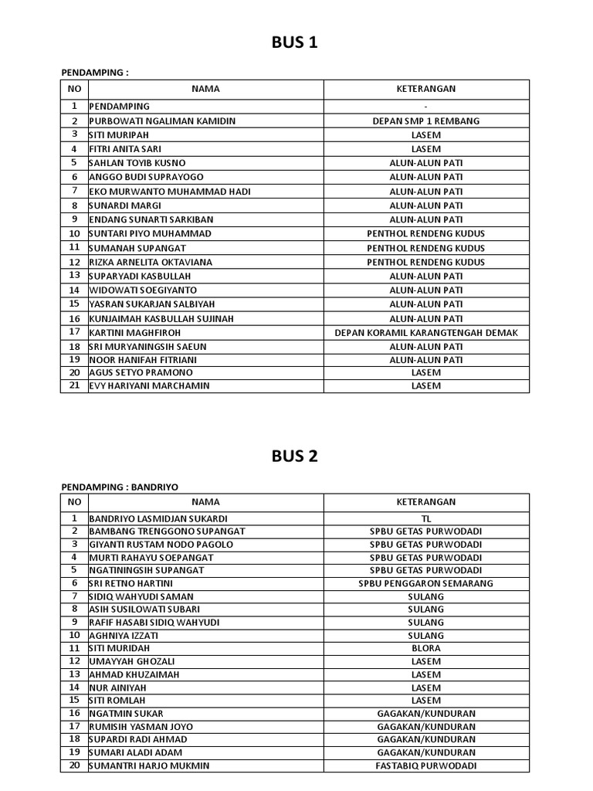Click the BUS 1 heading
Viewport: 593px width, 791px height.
pyautogui.click(x=294, y=43)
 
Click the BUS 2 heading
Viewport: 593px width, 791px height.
pyautogui.click(x=294, y=456)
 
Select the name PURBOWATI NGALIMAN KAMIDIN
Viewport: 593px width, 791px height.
pyautogui.click(x=163, y=121)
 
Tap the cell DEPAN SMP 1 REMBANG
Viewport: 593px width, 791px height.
pyautogui.click(x=426, y=121)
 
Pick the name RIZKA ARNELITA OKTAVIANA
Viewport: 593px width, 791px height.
pyautogui.click(x=151, y=262)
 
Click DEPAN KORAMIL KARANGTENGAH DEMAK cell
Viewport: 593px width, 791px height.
pyautogui.click(x=426, y=333)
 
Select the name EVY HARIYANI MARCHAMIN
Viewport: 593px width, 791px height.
pyautogui.click(x=149, y=385)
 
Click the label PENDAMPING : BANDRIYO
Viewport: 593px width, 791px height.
pyautogui.click(x=120, y=487)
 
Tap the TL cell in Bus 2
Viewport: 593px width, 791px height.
pyautogui.click(x=426, y=518)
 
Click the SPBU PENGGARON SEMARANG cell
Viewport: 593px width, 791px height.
pyautogui.click(x=426, y=583)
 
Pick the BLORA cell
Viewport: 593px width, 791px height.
pyautogui.click(x=426, y=648)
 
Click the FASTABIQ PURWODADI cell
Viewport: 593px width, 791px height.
pyautogui.click(x=426, y=766)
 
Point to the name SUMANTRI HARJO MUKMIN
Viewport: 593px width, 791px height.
pyautogui.click(x=149, y=766)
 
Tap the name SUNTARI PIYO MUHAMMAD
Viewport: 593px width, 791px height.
pyautogui.click(x=151, y=233)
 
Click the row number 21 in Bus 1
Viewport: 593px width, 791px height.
pyautogui.click(x=75, y=385)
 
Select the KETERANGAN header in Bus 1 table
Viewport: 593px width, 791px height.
pyautogui.click(x=426, y=89)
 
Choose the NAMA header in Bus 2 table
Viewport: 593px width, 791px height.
pyautogui.click(x=205, y=502)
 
